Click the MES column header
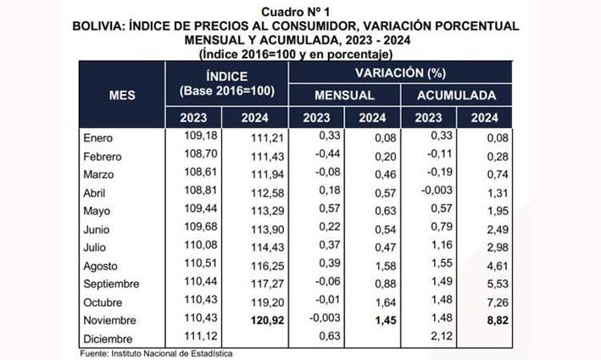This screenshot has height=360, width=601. point(122,96)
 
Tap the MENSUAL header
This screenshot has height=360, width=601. point(345,95)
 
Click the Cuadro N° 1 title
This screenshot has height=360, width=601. point(301,9)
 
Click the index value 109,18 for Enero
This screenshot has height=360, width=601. point(201,136)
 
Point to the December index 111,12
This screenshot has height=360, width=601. point(201,340)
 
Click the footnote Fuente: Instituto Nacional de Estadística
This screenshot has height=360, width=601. point(158,353)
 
